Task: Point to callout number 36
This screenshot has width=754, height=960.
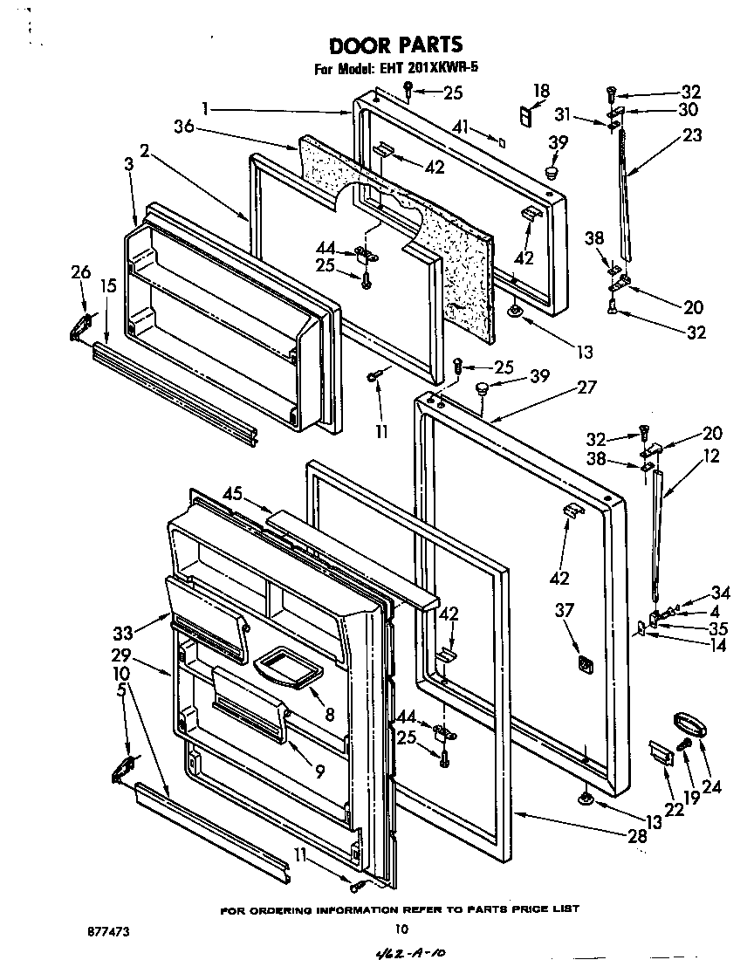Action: [x=183, y=128]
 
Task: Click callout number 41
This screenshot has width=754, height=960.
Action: [x=462, y=129]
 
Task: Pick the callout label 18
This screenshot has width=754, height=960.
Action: [x=540, y=89]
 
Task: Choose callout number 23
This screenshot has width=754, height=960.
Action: [x=692, y=135]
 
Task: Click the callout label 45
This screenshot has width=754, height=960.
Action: [x=231, y=494]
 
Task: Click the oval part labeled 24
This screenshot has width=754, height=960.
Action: [x=689, y=724]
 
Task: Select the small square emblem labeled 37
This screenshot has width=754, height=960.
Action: [x=586, y=666]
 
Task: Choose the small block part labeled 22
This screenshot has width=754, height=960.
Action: [x=661, y=752]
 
